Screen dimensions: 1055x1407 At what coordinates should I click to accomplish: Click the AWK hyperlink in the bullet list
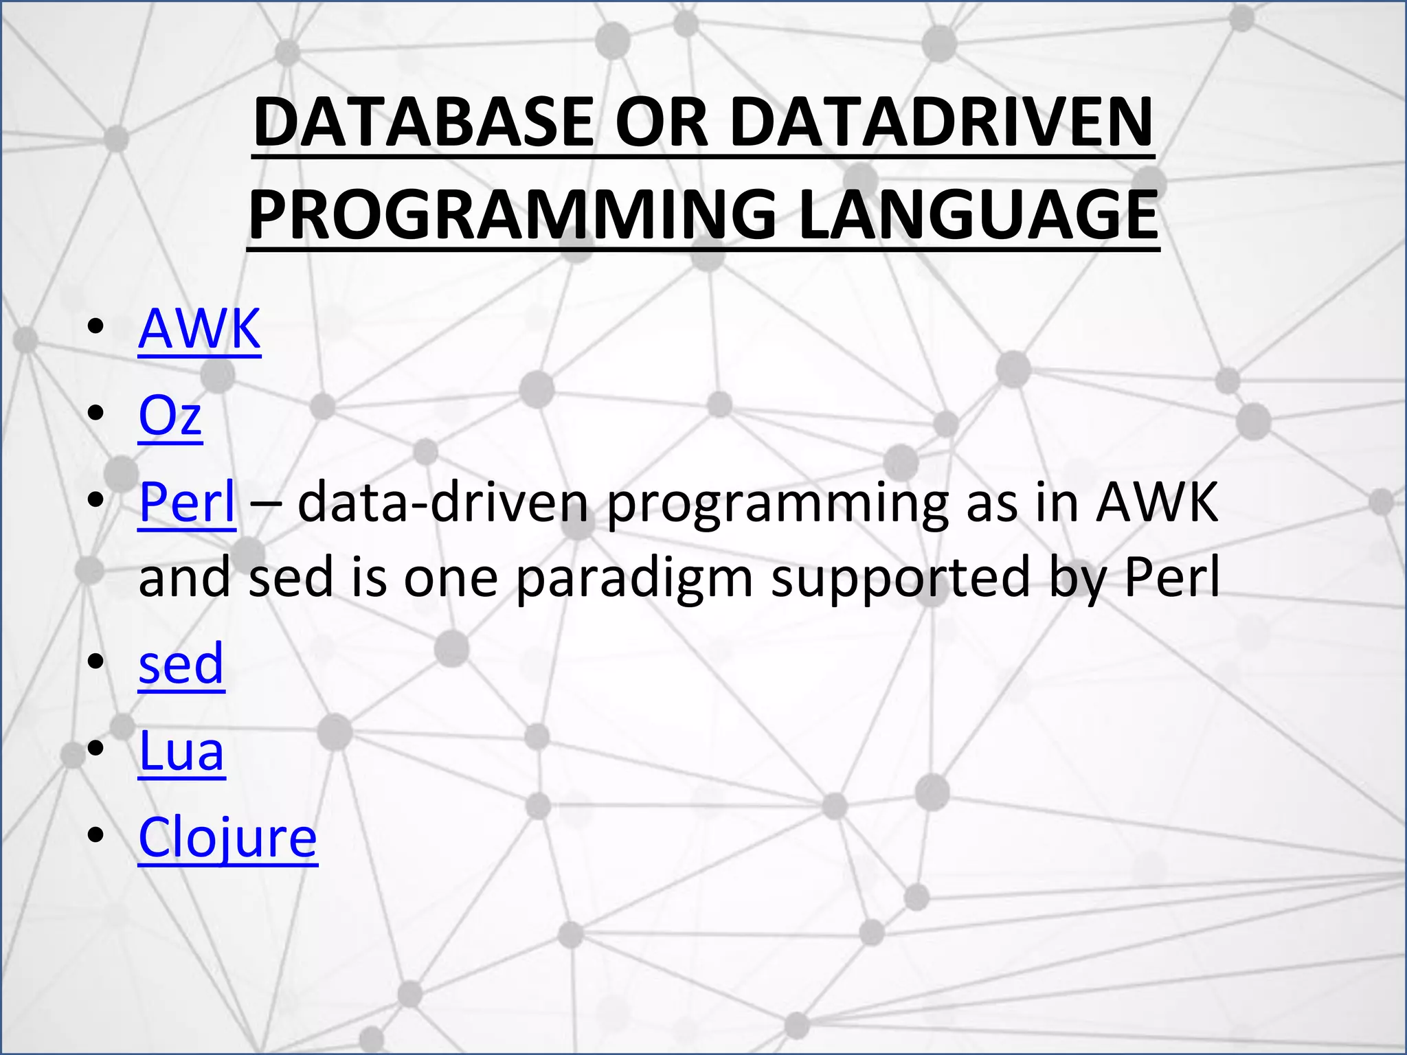(x=199, y=329)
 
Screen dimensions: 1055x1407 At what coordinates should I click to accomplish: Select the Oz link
(x=170, y=416)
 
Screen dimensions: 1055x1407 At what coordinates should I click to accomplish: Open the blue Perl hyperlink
(x=187, y=502)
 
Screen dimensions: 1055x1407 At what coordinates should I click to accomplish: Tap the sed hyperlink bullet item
(x=181, y=664)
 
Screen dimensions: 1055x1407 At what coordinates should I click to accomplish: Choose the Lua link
(x=181, y=751)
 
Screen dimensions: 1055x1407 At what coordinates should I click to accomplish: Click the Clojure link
(x=227, y=838)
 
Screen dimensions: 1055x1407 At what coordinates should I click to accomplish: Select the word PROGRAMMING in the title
(x=512, y=214)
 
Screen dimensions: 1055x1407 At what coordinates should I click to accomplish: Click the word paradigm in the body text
(x=634, y=578)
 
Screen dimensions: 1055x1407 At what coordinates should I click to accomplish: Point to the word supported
(x=901, y=578)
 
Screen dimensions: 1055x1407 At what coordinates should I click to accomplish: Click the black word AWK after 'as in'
(x=1157, y=502)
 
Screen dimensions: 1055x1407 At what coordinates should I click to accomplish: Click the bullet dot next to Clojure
(x=96, y=835)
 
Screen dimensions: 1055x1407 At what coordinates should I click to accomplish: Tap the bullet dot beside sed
(x=96, y=661)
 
